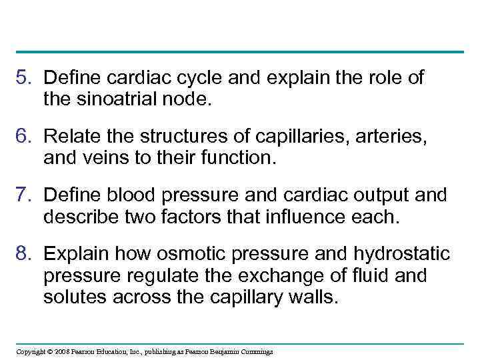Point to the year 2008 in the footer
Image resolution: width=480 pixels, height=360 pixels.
click(62, 351)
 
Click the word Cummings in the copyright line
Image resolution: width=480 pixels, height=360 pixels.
click(256, 351)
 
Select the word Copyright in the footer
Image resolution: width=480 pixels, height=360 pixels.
click(31, 351)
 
